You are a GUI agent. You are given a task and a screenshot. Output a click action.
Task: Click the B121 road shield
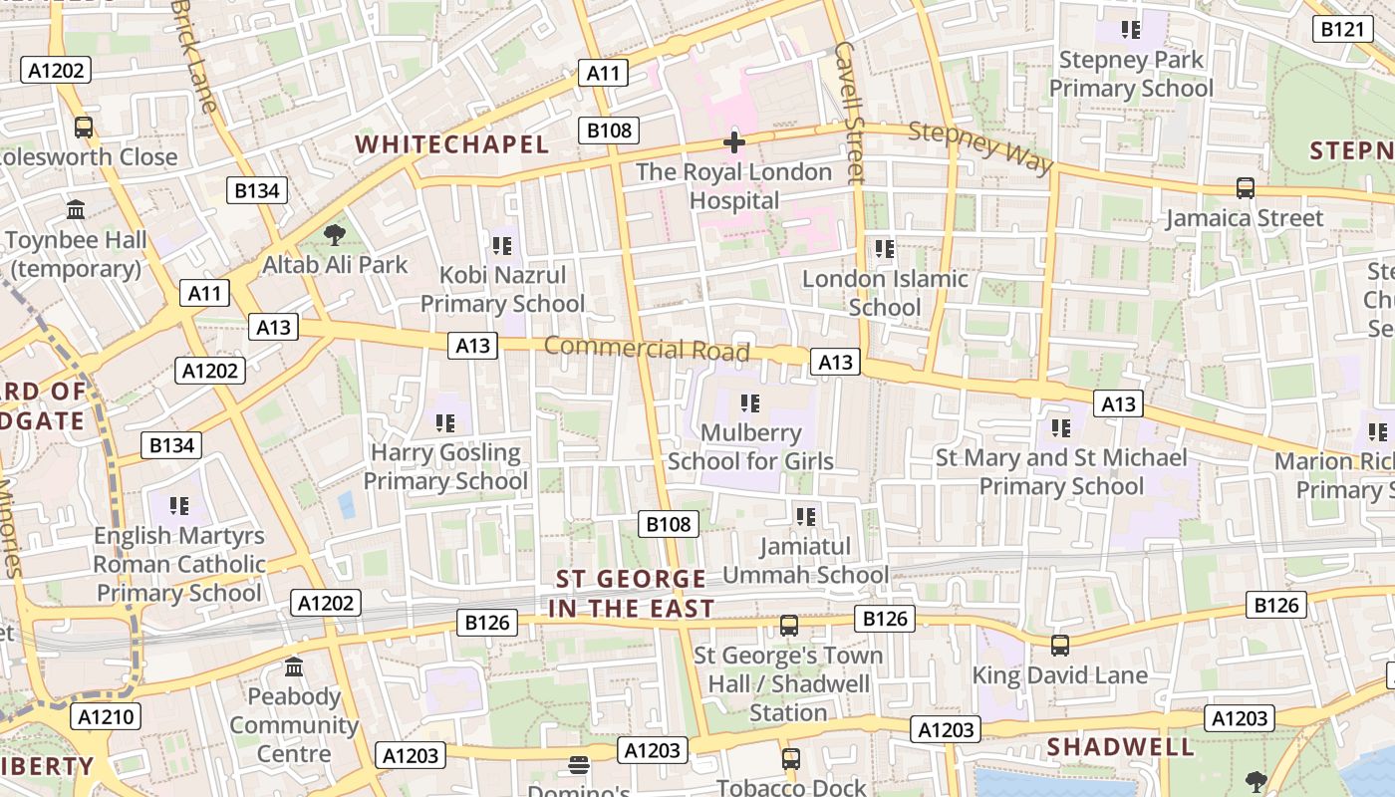coord(1341,29)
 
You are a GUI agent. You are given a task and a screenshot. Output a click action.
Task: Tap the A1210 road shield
coord(106,716)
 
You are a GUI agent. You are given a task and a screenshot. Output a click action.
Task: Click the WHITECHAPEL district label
coord(452,144)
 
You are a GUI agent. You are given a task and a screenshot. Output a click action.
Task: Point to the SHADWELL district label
coord(1120,747)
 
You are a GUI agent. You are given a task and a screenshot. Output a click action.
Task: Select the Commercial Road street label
coord(647,349)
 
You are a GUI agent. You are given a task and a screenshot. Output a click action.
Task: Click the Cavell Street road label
coord(850,112)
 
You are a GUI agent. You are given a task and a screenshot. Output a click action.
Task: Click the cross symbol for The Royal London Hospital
coord(734,142)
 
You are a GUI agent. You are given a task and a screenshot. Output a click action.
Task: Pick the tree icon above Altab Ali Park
coord(334,235)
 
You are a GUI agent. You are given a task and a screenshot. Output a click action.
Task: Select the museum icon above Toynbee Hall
coord(76,210)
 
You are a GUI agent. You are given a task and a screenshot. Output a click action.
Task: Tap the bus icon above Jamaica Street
coord(1245,188)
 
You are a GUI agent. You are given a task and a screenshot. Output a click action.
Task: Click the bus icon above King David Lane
coord(1060,646)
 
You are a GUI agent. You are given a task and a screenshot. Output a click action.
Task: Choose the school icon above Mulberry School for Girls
coord(750,403)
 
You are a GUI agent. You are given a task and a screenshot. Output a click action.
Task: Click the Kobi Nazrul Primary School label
coord(502,289)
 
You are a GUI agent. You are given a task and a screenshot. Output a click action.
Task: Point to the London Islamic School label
coord(885,293)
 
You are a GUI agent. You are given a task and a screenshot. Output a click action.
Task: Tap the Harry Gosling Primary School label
coord(445,466)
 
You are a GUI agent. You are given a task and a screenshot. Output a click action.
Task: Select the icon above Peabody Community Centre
coord(294,666)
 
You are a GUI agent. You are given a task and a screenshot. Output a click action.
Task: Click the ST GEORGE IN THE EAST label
coord(632,594)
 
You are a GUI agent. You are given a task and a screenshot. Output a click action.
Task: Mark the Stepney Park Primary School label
coord(1131,74)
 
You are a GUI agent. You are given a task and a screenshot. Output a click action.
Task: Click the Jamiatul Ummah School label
coord(805,561)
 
